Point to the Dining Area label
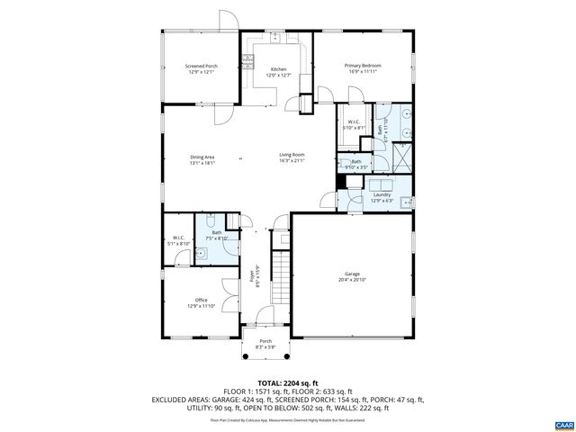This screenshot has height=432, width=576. (x=202, y=159)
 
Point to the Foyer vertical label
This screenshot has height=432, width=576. (x=255, y=274)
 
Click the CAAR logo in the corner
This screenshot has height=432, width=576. (x=563, y=424)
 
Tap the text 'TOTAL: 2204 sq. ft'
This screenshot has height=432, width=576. (x=287, y=383)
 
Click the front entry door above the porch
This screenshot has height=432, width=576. (x=265, y=316)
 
